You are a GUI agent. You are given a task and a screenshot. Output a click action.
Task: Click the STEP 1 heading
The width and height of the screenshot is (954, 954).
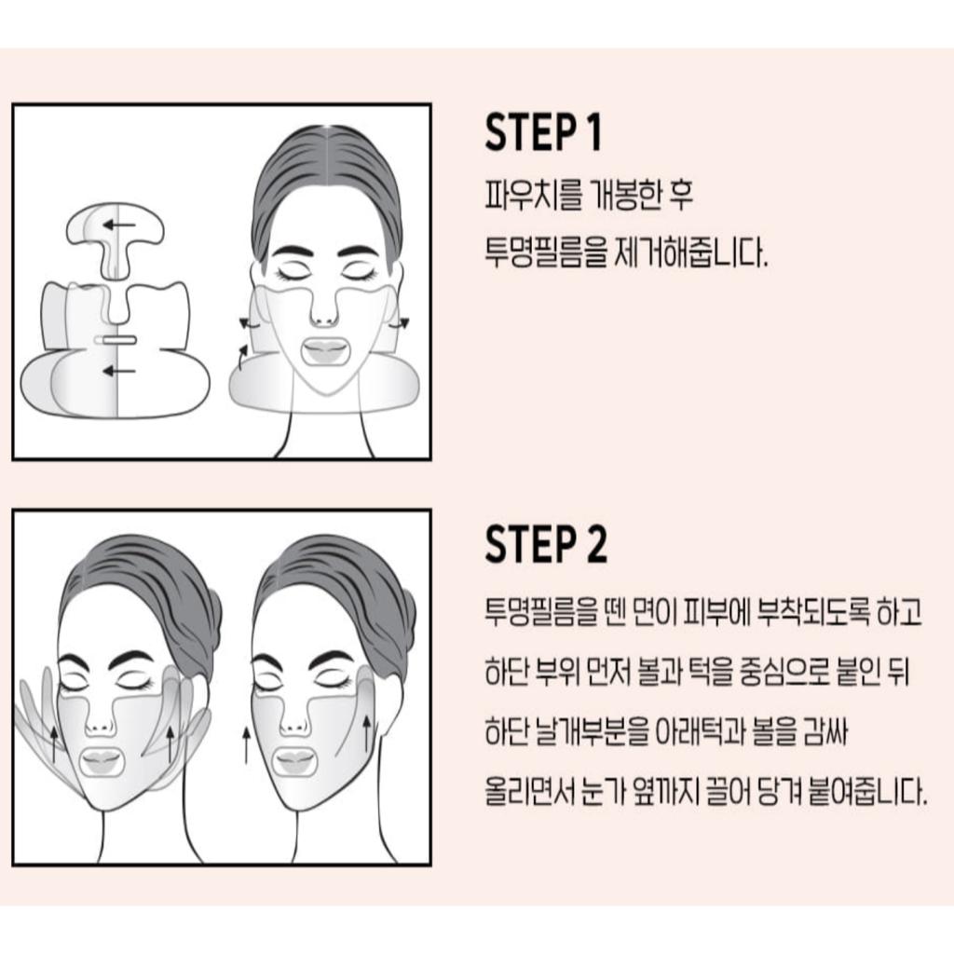pos(543,133)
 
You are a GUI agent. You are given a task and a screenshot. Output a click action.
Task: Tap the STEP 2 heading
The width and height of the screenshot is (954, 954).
pos(546,545)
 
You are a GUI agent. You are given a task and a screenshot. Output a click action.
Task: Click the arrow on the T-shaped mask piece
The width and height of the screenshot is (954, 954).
pos(116,225)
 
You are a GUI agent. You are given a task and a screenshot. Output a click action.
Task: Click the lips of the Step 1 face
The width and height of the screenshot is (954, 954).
pos(324,351)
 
